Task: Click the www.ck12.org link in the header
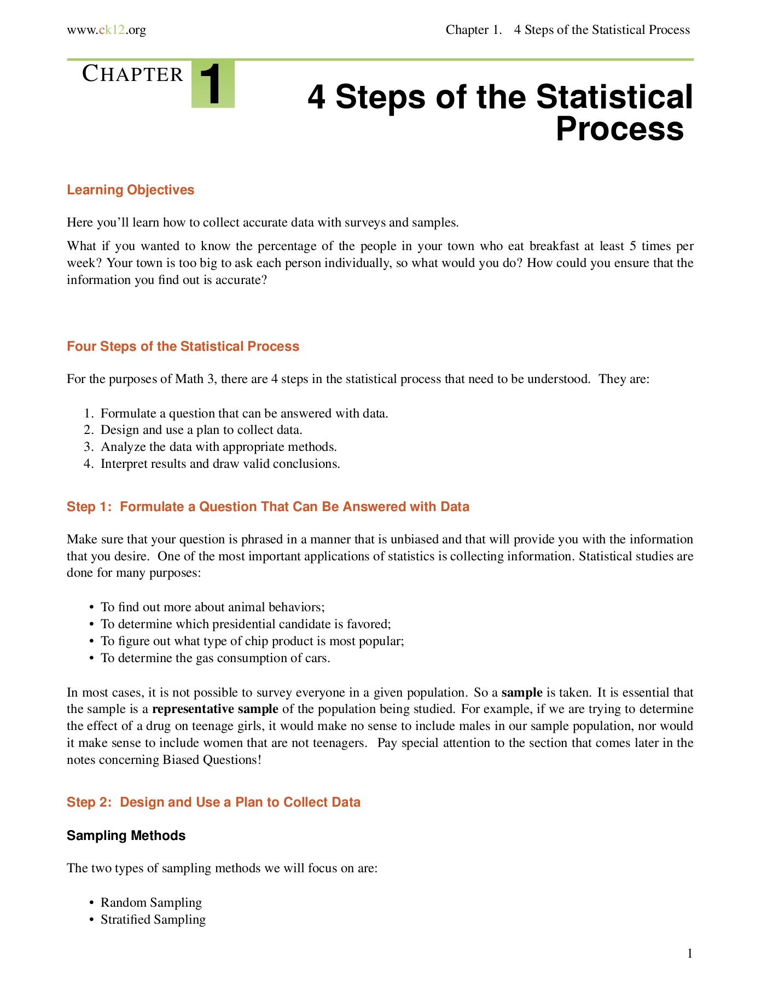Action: tap(106, 30)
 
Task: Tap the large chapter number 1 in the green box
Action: tap(212, 84)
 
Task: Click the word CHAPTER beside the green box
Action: tap(132, 74)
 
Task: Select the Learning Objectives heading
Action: tap(130, 190)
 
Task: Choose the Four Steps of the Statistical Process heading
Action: tap(183, 346)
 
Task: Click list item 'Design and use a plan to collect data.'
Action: tap(201, 430)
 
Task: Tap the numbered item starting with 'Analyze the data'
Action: tap(218, 447)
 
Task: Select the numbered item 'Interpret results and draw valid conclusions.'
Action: tap(220, 464)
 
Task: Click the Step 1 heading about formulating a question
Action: tap(268, 507)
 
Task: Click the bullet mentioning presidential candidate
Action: tap(246, 624)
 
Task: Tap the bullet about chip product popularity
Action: tap(252, 641)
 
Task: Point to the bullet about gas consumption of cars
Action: tap(216, 658)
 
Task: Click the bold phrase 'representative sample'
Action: tap(215, 709)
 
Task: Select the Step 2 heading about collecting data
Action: tap(213, 802)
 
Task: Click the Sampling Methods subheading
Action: tap(126, 836)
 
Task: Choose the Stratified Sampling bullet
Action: tap(153, 919)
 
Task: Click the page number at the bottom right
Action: tap(690, 954)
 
